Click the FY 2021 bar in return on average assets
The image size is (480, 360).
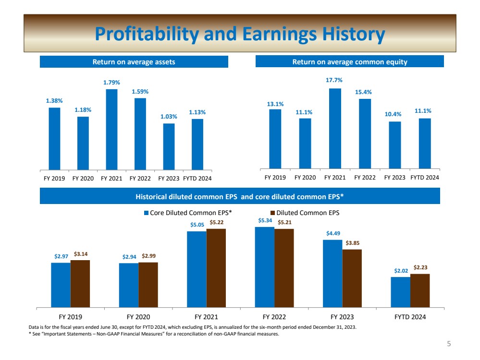111,130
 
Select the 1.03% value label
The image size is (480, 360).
169,116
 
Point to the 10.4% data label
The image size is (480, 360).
394,114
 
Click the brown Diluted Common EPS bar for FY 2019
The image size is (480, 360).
80,283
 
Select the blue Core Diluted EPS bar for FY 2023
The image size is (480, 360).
332,273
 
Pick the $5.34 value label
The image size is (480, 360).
264,220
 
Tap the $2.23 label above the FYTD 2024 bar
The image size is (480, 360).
420,267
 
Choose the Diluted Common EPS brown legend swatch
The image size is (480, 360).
273,213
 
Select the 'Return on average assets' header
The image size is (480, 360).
134,62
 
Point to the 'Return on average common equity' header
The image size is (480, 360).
349,62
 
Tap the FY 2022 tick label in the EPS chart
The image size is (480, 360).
274,317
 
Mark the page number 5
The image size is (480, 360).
449,344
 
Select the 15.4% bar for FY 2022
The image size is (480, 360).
365,134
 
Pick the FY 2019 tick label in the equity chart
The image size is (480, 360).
275,177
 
